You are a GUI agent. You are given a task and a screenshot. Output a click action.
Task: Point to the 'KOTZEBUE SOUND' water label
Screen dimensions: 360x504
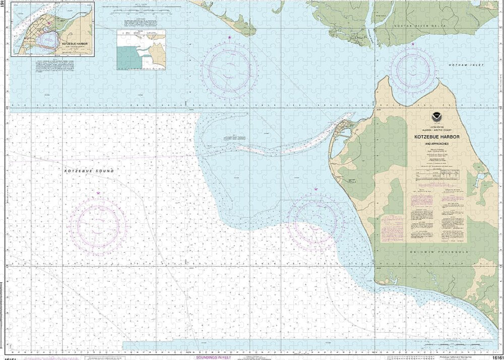[89, 171]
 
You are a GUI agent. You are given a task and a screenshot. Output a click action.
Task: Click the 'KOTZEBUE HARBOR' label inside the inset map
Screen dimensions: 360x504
[75, 44]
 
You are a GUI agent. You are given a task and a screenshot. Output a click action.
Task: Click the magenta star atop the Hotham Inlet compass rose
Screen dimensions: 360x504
[413, 44]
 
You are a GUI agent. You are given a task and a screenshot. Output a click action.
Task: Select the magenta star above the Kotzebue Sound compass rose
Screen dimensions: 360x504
[98, 193]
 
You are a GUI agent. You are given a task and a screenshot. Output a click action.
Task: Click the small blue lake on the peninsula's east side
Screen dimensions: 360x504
[479, 177]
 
